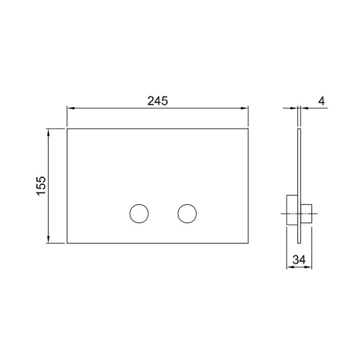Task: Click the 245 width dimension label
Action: click(157, 101)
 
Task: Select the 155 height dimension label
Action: click(41, 186)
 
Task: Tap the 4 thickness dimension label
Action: click(321, 101)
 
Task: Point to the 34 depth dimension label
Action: click(299, 260)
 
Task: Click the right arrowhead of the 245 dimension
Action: click(244, 108)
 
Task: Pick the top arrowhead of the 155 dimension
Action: click(48, 133)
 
